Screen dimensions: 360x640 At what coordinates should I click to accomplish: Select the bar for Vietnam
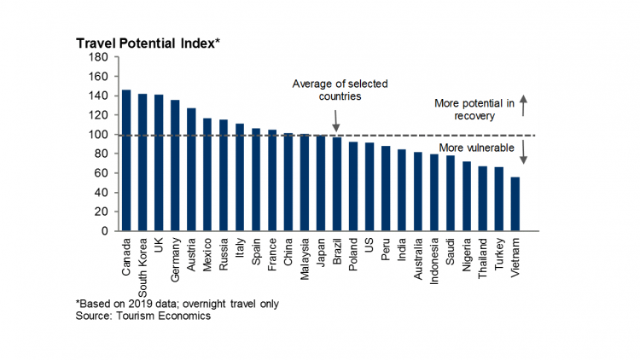tap(515, 204)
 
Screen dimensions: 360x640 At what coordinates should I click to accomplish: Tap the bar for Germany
tap(175, 165)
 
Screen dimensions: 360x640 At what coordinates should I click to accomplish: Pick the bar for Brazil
tap(337, 183)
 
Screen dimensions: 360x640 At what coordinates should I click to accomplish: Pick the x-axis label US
tap(369, 244)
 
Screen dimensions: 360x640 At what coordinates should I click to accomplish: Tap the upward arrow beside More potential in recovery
tap(524, 105)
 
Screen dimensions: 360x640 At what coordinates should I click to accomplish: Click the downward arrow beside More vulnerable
tap(524, 153)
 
